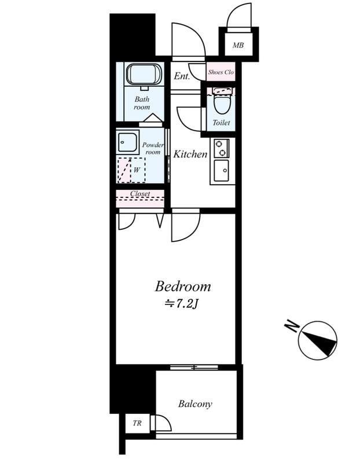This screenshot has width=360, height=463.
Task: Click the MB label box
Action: tap(238, 45)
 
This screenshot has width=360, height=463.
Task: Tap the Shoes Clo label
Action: tap(221, 72)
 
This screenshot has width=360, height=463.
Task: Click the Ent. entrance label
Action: tap(182, 76)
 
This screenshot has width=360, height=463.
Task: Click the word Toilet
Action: tap(221, 122)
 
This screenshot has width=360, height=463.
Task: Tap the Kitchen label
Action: tap(190, 154)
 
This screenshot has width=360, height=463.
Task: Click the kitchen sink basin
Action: tap(222, 170)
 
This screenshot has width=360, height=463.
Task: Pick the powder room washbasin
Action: tap(127, 142)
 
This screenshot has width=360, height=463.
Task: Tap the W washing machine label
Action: tap(136, 170)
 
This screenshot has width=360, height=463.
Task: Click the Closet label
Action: tap(140, 194)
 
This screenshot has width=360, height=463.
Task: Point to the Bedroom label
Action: tap(183, 286)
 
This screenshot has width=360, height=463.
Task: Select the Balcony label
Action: tap(195, 403)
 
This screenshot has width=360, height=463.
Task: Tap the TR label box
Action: tap(137, 423)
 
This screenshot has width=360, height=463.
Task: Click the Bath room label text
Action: tap(142, 103)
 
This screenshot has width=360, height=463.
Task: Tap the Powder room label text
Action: tap(153, 149)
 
